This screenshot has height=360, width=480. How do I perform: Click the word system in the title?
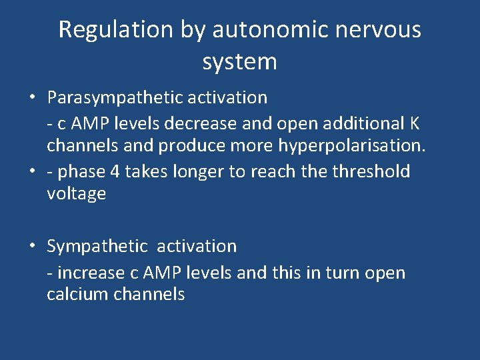click(x=239, y=62)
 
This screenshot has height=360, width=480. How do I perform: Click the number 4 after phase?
click(x=115, y=172)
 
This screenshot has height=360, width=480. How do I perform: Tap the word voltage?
click(x=76, y=194)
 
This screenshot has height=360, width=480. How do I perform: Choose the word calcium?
click(x=77, y=295)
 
